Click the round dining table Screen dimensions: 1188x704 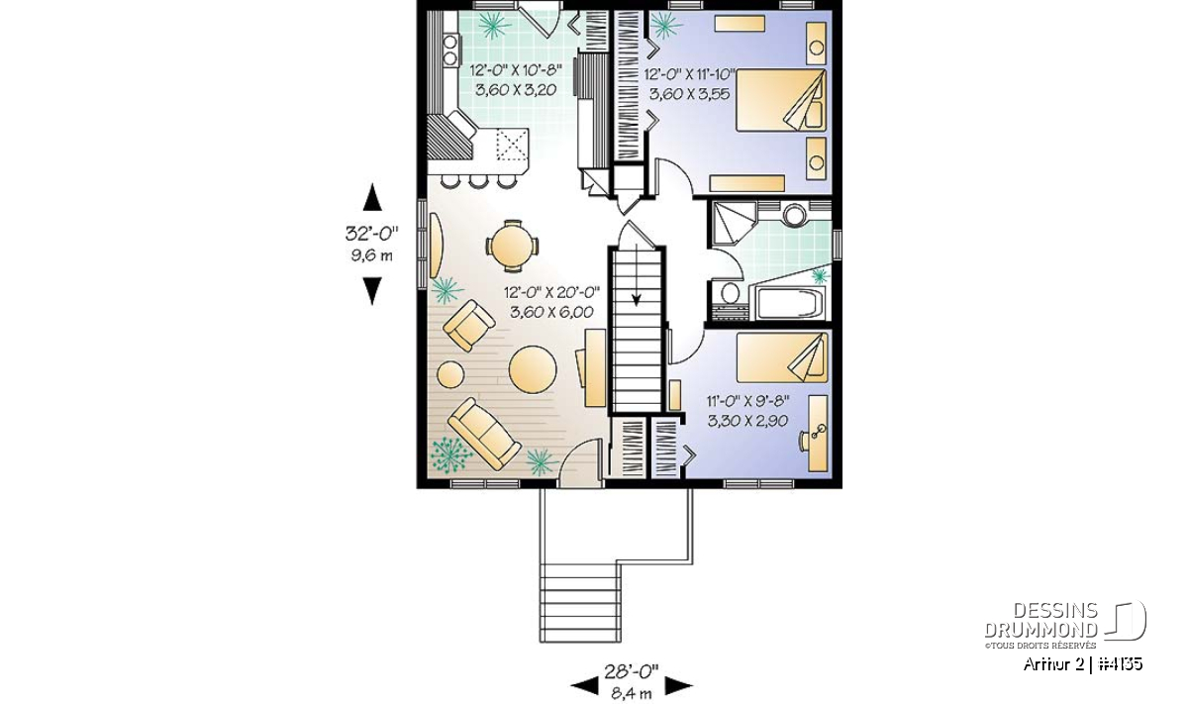tap(512, 246)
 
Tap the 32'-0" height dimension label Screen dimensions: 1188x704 tap(372, 233)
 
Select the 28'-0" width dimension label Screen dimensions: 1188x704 tap(632, 671)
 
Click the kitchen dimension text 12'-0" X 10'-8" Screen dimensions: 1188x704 tap(516, 70)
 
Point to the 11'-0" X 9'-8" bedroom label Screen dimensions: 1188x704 tap(747, 401)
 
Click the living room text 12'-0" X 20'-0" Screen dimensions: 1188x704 tap(551, 292)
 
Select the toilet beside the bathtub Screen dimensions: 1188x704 tap(730, 293)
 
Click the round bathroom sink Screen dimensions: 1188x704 tap(794, 215)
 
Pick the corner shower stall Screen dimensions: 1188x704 tap(734, 223)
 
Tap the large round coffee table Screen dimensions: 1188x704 tap(533, 369)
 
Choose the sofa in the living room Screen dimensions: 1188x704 tap(484, 434)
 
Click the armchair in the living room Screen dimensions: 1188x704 tap(469, 326)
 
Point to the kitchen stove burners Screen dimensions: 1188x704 tap(79, 50)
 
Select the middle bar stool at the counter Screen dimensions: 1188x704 tap(479, 181)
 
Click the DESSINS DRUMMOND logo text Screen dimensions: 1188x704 tap(1041, 620)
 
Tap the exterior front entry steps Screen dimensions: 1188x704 tap(580, 603)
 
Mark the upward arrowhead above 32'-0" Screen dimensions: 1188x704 tap(372, 197)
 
